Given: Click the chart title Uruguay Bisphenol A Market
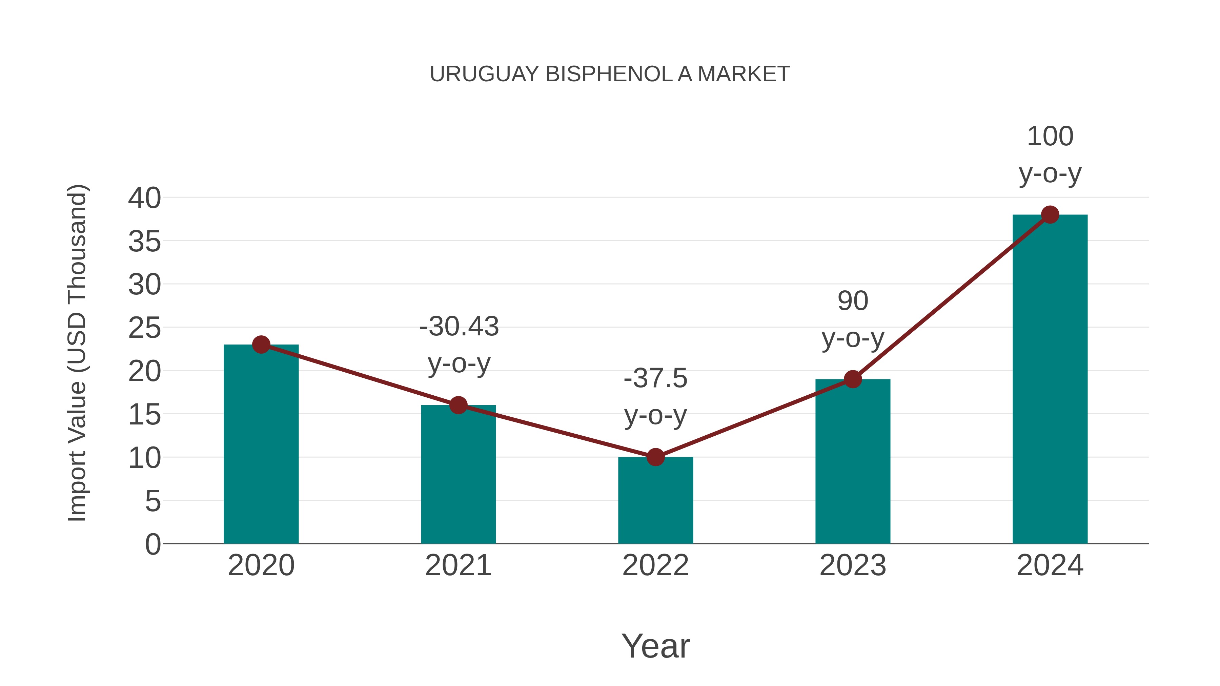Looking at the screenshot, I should click(x=610, y=74).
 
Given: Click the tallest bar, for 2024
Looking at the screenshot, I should click(x=1050, y=379).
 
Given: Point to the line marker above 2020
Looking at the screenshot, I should click(x=261, y=345).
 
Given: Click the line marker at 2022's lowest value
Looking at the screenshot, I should click(x=655, y=457).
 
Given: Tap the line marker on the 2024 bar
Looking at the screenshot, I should click(x=1050, y=215).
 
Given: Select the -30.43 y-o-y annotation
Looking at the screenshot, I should click(x=459, y=345).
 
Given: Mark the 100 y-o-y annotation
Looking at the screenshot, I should click(x=1050, y=155).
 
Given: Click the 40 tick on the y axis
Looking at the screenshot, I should click(x=144, y=198).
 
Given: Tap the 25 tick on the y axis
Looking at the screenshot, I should click(x=144, y=328).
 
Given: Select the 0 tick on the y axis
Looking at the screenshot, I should click(x=152, y=544).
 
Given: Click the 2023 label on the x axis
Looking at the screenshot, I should click(x=853, y=565).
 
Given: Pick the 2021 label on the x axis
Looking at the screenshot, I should click(x=458, y=565).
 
